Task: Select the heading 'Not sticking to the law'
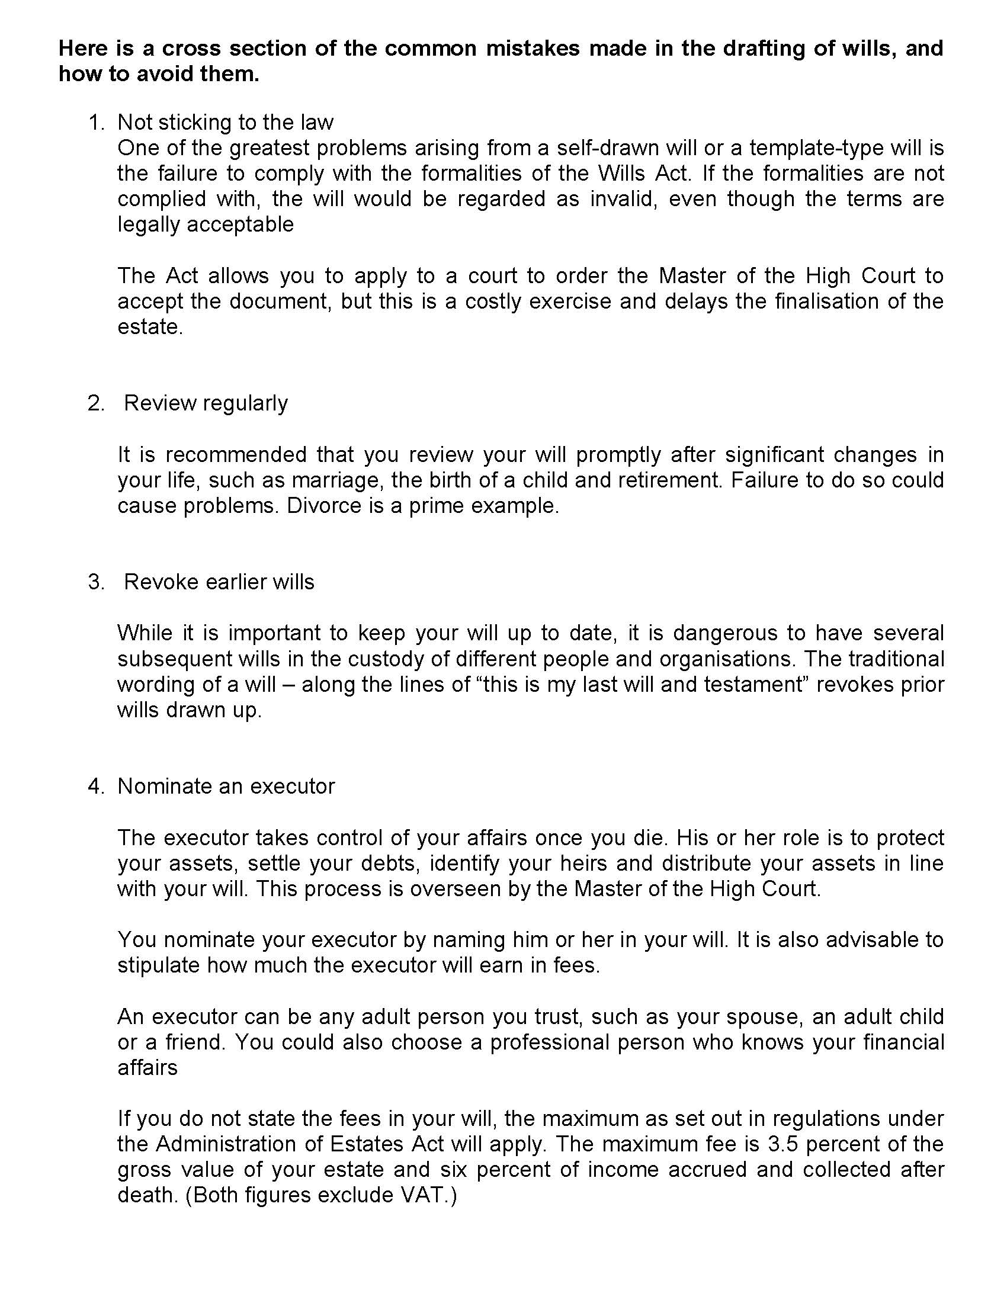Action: (226, 123)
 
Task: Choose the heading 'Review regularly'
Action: (206, 403)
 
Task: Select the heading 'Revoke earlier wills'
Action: (219, 582)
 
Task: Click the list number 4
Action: (94, 787)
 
